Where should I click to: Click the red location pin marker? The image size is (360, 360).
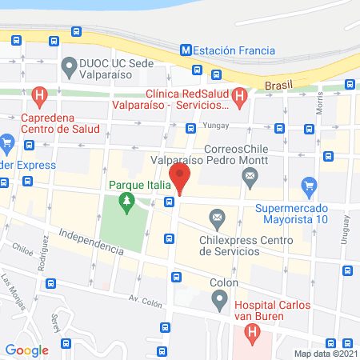180,178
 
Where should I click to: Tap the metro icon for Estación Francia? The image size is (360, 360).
186,49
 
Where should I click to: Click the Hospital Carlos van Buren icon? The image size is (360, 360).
252,331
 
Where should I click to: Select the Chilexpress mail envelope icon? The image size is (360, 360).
216,218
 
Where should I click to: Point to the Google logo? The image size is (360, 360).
27,350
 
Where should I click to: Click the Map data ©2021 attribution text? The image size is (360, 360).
325,354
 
